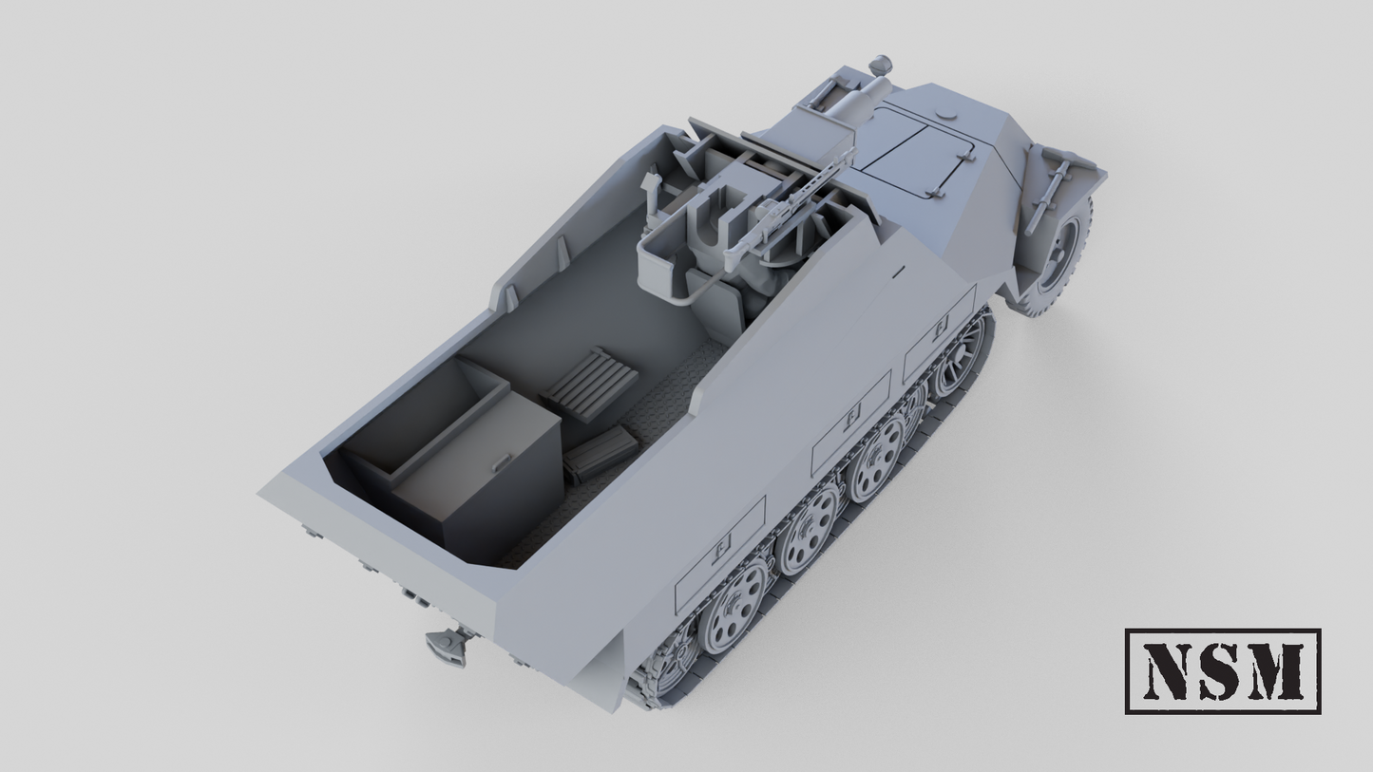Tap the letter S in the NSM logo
[1221, 671]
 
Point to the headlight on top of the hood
[881, 66]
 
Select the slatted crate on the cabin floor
[590, 382]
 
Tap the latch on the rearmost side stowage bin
[721, 547]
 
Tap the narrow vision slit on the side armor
[897, 272]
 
